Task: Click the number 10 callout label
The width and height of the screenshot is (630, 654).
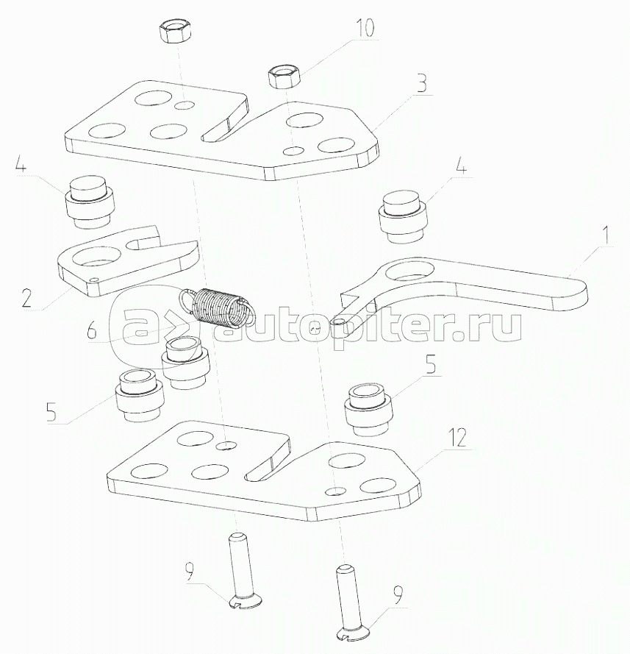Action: pos(365,27)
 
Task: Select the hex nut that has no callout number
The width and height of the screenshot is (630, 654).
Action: pos(175,32)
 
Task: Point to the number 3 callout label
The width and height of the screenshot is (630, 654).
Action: pos(422,83)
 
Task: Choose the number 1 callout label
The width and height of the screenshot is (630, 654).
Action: pos(606,235)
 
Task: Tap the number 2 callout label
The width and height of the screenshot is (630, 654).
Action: pos(26,298)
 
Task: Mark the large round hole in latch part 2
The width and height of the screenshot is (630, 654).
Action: pos(96,255)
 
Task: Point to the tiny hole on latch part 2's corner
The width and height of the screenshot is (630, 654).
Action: pos(93,280)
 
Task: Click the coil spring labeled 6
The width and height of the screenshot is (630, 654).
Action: pos(216,306)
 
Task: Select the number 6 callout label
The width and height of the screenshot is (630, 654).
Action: pos(92,330)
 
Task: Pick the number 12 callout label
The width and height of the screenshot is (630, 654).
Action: pos(458,438)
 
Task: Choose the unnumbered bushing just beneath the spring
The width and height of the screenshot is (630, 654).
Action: pos(185,363)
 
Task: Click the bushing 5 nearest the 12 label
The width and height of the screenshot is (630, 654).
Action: pos(368,410)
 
